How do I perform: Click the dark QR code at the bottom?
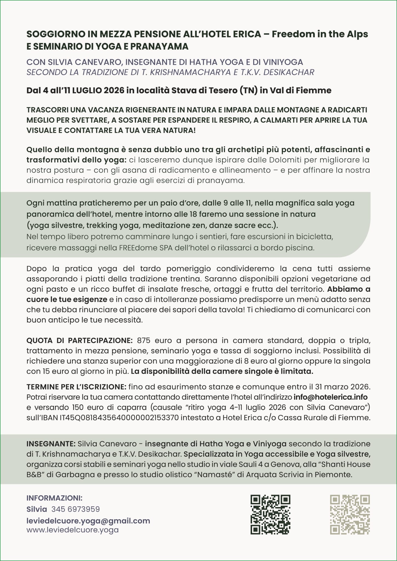(x=270, y=515)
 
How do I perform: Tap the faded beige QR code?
(x=350, y=515)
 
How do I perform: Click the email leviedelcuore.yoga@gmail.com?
(x=88, y=521)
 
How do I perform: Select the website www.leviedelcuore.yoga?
(x=73, y=530)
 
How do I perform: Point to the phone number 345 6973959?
(x=76, y=509)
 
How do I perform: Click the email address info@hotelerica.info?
(x=330, y=397)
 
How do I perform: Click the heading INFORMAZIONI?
(x=55, y=498)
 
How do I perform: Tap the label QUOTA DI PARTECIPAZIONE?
(x=79, y=340)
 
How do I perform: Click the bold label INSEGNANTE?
(x=51, y=443)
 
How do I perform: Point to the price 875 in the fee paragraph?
(x=144, y=340)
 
